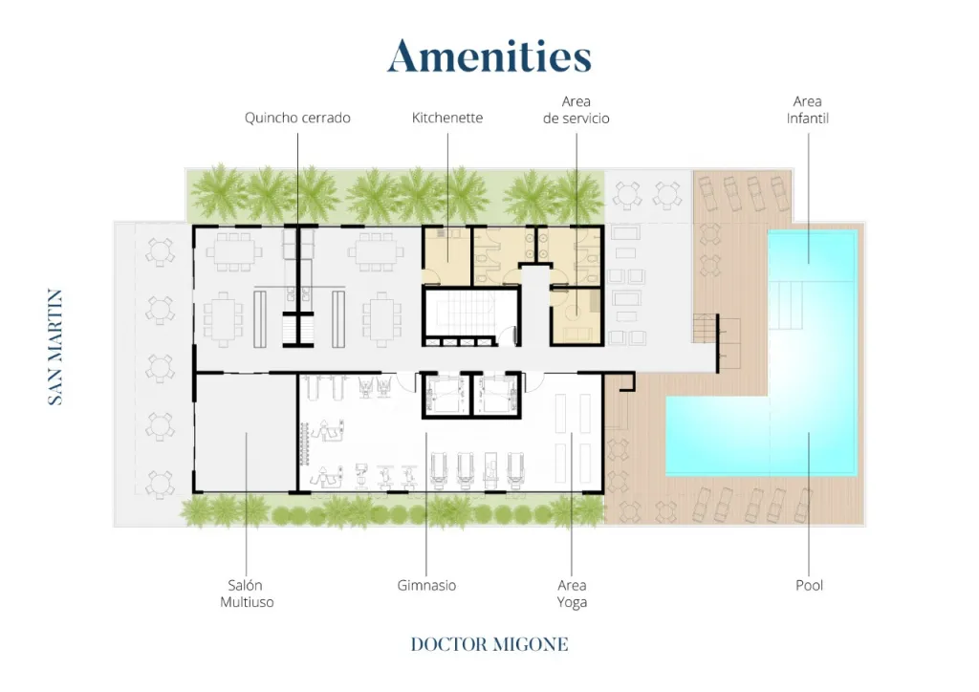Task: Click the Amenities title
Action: (489, 56)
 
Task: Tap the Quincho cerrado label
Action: (297, 118)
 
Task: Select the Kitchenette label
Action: (447, 118)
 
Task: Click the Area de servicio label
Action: (576, 110)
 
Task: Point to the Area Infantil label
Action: (807, 110)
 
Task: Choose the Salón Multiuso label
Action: (247, 594)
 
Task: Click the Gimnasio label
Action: (426, 585)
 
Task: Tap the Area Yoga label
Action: (572, 594)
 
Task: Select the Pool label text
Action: (809, 585)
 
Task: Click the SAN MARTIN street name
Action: (55, 347)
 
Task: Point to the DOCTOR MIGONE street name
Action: (489, 644)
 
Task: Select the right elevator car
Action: (497, 395)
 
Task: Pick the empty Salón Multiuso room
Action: (246, 432)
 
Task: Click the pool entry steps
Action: (786, 305)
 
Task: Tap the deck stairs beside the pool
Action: (705, 328)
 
